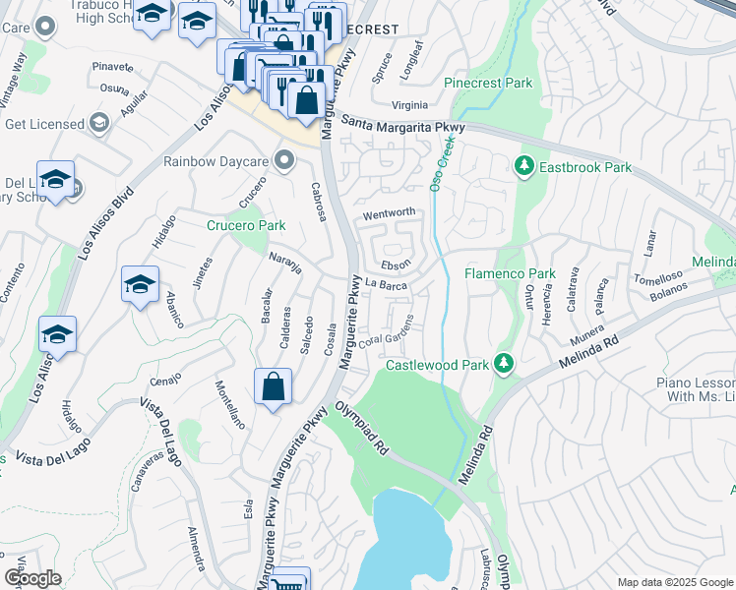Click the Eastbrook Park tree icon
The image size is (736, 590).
click(x=522, y=167)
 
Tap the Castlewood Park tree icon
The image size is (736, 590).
click(x=504, y=365)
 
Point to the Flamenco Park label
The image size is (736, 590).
click(x=510, y=273)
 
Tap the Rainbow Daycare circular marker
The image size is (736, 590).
click(x=285, y=160)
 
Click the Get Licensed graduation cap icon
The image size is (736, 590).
click(x=98, y=123)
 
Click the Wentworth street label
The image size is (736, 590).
click(x=390, y=212)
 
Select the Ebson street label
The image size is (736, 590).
click(x=396, y=265)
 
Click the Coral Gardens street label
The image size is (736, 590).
click(x=385, y=339)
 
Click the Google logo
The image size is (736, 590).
click(x=32, y=578)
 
